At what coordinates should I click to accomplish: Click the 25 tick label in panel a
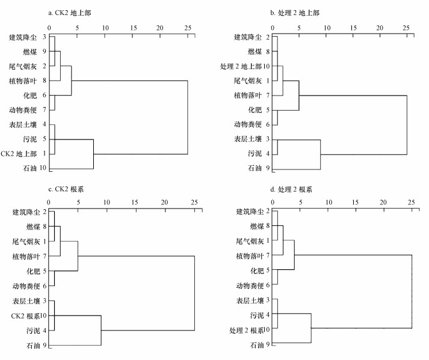click(188, 27)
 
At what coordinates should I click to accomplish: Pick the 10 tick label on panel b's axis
click(326, 27)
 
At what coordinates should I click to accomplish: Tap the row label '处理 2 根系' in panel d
click(247, 330)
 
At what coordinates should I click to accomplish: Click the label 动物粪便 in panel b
click(248, 124)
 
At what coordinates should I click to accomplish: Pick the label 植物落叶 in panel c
click(26, 257)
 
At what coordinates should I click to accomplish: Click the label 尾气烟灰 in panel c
click(26, 242)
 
